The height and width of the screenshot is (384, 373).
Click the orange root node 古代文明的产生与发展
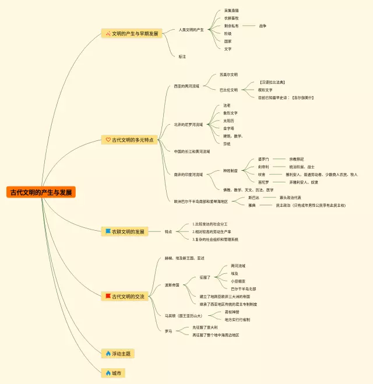tap(41, 192)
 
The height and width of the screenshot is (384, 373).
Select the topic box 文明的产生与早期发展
tap(131, 34)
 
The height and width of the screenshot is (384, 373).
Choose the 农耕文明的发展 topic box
tap(124, 231)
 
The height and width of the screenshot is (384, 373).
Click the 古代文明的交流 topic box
tap(124, 297)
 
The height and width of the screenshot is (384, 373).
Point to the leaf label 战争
tap(263, 26)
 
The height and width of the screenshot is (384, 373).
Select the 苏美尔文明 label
tap(228, 75)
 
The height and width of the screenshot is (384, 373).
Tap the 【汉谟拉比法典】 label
tap(272, 82)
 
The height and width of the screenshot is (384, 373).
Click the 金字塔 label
tap(228, 128)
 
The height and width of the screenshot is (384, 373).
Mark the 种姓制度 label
tap(230, 171)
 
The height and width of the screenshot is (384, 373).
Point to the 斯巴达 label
tap(254, 198)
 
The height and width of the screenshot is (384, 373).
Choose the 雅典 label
tap(252, 205)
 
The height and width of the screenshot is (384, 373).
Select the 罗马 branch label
tap(168, 331)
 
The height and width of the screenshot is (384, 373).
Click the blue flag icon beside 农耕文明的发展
tap(108, 231)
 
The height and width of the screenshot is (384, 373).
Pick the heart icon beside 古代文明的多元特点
tap(108, 140)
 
